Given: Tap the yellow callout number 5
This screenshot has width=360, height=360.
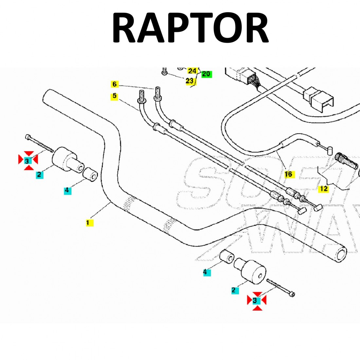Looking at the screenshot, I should pyautogui.click(x=114, y=96).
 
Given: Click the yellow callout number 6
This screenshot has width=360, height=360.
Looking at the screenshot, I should pyautogui.click(x=114, y=84).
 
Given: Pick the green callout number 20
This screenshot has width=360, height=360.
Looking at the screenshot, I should pyautogui.click(x=206, y=74).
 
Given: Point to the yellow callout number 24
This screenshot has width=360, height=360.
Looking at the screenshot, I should pyautogui.click(x=192, y=71).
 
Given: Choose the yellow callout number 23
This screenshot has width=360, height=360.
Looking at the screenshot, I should pyautogui.click(x=189, y=81).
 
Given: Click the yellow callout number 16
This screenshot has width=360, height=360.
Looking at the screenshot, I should pyautogui.click(x=288, y=174).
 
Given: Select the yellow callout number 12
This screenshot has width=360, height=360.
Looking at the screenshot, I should pyautogui.click(x=324, y=189).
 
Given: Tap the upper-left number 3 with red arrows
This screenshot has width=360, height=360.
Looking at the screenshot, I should pyautogui.click(x=28, y=160).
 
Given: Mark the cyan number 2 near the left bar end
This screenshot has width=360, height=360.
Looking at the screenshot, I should pyautogui.click(x=39, y=175).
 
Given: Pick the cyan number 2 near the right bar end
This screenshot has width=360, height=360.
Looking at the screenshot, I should pyautogui.click(x=234, y=290).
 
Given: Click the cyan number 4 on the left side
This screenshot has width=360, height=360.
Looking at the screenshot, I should pyautogui.click(x=67, y=190).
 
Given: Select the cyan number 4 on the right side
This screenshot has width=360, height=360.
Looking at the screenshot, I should pyautogui.click(x=206, y=272).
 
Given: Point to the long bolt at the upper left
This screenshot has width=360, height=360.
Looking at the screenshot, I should pyautogui.click(x=39, y=143).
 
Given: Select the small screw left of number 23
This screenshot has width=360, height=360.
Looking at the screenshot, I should pyautogui.click(x=165, y=71).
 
